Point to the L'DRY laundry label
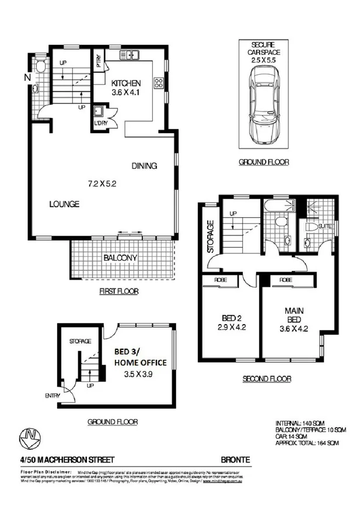pos(99,123)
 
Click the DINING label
pos(144,165)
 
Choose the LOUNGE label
pos(64,204)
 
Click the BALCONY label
pos(120,258)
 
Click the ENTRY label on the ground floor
pos(53,395)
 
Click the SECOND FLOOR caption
pos(267,379)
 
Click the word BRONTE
pos(236,460)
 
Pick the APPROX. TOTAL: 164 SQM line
pos(308,443)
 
